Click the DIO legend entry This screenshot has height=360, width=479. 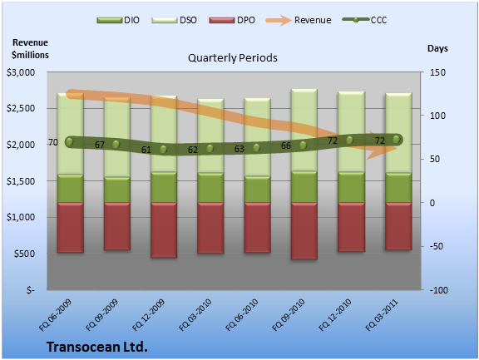118,20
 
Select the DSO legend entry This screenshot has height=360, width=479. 174,20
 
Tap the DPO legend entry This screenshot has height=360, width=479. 232,20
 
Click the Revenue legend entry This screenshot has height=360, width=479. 299,20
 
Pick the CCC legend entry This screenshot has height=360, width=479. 365,20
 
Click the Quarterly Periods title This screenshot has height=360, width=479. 233,57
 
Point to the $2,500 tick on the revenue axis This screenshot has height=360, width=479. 21,108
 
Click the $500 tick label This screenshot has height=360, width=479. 24,254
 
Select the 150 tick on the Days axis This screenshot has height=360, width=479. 437,72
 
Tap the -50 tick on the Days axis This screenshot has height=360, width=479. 437,246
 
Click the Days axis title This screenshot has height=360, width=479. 437,48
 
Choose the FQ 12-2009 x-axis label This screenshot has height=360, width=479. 149,315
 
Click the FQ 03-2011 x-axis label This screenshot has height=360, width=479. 383,315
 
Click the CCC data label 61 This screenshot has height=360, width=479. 146,150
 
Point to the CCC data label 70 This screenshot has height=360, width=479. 53,142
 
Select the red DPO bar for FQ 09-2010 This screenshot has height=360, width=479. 304,231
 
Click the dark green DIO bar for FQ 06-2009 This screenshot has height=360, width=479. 70,189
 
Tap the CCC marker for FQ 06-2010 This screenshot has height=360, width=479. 256,148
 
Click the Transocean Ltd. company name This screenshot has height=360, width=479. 97,347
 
